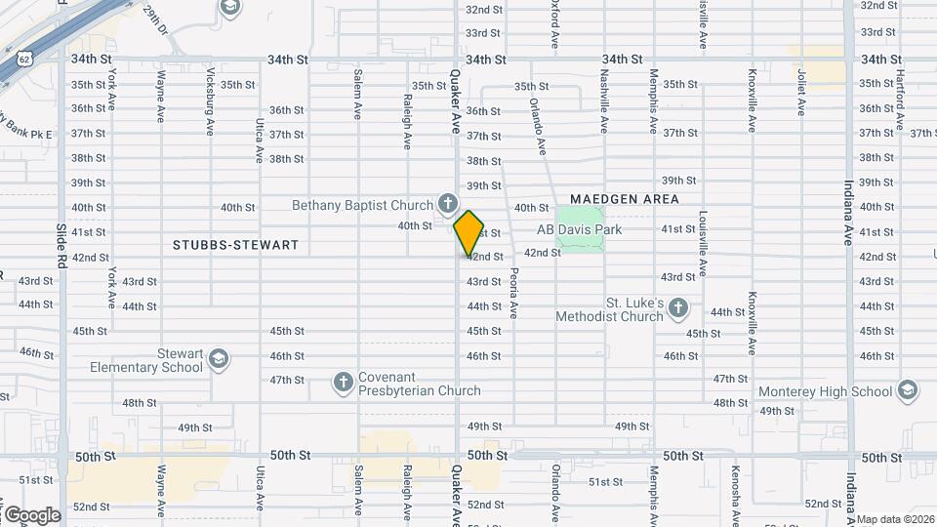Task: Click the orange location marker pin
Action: (x=468, y=232)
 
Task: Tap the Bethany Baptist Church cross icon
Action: (x=447, y=204)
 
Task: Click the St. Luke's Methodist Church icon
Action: (x=679, y=309)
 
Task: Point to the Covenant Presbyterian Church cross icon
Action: (x=343, y=383)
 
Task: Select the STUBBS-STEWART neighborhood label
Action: (x=235, y=244)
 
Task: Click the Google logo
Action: (x=31, y=514)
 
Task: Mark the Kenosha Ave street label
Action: (x=752, y=493)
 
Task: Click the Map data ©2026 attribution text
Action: (x=896, y=519)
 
